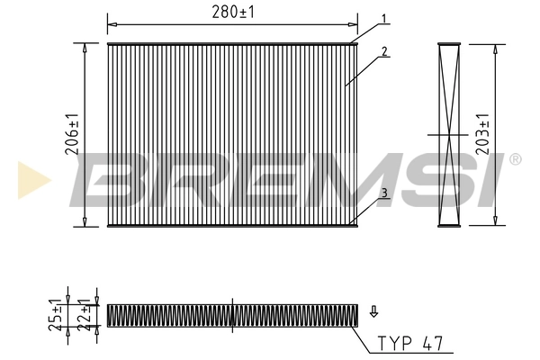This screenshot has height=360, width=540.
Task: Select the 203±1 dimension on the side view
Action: [x=484, y=134]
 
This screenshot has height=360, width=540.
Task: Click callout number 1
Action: [x=383, y=18]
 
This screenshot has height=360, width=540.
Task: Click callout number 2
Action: [x=384, y=51]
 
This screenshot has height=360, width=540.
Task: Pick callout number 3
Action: [x=383, y=193]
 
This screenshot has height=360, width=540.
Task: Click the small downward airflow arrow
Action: [x=373, y=312]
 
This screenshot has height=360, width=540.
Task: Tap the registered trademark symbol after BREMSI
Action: [x=514, y=159]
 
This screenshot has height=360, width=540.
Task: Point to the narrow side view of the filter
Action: [x=448, y=134]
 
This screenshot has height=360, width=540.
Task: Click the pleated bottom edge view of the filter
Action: [x=232, y=314]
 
